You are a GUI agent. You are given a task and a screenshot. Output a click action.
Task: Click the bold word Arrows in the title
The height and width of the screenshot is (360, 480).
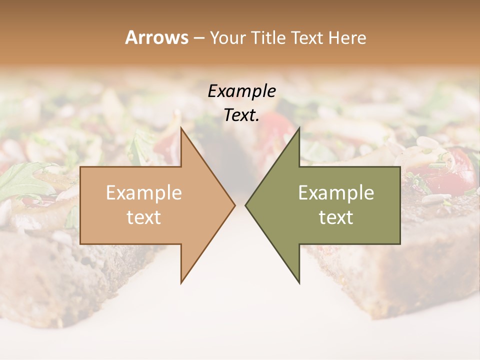tap(156, 37)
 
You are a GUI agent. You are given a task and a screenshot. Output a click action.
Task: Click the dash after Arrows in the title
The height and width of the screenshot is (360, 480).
tap(198, 38)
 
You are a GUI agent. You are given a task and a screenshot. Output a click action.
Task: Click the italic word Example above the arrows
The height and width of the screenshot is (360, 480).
tap(241, 91)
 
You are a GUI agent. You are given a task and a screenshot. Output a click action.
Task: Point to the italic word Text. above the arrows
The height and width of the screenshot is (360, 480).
tap(241, 115)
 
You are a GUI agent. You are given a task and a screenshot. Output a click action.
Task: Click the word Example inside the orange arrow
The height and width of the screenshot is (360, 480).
tap(143, 192)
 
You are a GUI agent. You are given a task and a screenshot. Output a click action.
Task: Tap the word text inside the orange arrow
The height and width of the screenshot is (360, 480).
tap(143, 217)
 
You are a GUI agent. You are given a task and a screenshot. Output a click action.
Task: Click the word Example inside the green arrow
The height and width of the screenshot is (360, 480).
tap(336, 192)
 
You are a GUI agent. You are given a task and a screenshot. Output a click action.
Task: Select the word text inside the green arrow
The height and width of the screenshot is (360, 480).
tap(336, 217)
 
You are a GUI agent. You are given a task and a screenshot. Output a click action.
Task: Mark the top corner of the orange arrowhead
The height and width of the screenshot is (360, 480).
tap(181, 128)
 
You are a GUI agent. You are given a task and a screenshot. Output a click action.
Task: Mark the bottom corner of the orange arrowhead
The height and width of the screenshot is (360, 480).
tap(181, 282)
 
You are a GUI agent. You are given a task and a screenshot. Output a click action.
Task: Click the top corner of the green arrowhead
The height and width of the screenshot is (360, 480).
tap(299, 128)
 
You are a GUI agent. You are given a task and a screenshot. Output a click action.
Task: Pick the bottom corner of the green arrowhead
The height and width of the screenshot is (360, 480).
tap(299, 282)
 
